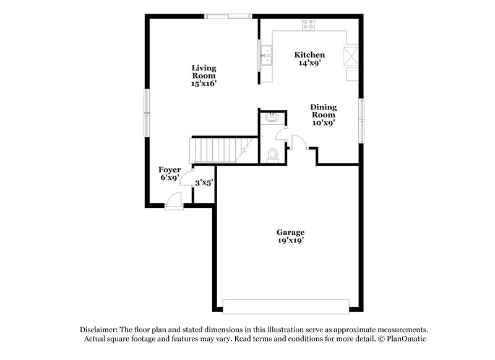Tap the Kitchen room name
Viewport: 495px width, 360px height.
point(309,55)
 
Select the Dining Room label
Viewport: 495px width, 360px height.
point(323,110)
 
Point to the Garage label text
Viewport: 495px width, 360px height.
point(290,233)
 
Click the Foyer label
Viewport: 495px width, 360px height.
point(170,169)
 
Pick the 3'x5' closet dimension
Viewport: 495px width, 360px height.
point(204,182)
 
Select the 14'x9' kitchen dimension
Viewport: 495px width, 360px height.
point(309,63)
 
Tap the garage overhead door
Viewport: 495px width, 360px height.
point(285,307)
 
